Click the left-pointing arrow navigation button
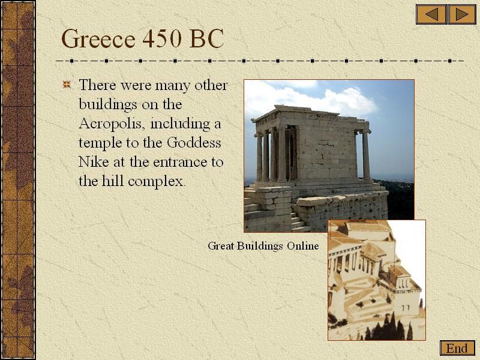(x=431, y=14)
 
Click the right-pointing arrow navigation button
(x=462, y=14)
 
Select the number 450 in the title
(x=161, y=38)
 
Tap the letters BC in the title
(x=206, y=38)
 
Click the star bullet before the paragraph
(x=67, y=85)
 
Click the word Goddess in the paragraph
(x=194, y=143)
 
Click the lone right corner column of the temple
(x=366, y=155)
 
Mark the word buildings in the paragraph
(x=107, y=105)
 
